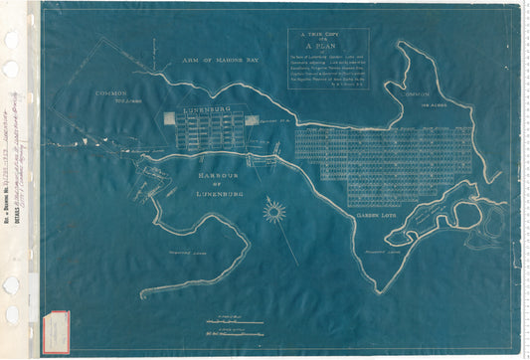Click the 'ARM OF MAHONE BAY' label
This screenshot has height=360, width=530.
click(x=220, y=62)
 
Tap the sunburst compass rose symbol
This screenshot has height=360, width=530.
click(x=273, y=211)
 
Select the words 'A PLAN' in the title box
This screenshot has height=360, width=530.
click(x=328, y=46)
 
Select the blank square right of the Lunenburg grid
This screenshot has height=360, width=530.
click(x=251, y=119)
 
